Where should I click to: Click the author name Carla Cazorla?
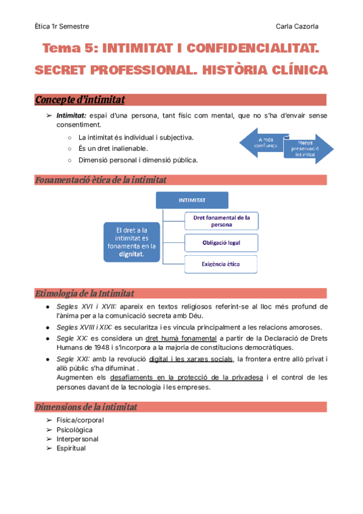[298, 26]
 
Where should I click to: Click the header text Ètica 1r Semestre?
[62, 26]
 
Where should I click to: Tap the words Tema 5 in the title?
[67, 48]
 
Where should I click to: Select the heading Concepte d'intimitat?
[80, 99]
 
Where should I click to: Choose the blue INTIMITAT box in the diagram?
[192, 200]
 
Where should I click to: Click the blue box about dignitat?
[131, 241]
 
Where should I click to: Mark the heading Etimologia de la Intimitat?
[85, 293]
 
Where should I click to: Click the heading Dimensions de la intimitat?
[86, 406]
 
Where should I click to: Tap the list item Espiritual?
[71, 449]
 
